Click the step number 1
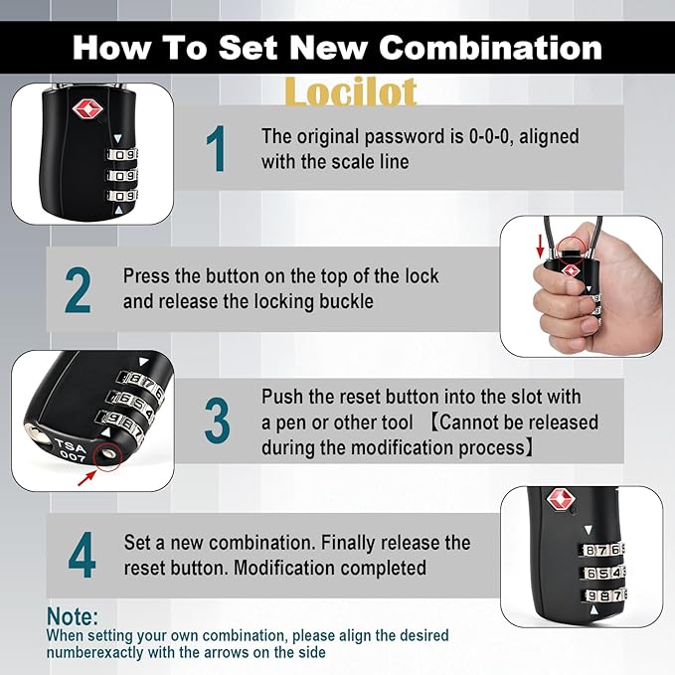216,150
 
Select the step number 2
79,290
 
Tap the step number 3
217,422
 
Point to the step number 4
82,557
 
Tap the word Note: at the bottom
73,617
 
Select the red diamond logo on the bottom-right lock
564,502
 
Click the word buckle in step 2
348,301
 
